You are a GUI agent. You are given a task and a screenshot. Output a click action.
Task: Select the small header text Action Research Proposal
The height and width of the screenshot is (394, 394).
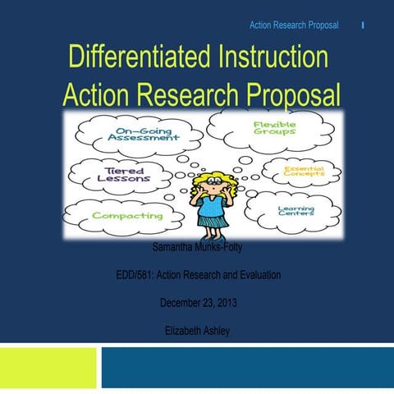[293, 25]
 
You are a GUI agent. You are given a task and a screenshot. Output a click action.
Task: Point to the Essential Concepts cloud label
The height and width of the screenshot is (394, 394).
[304, 172]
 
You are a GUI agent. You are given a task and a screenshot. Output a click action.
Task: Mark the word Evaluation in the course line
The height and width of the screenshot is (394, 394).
[255, 274]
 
